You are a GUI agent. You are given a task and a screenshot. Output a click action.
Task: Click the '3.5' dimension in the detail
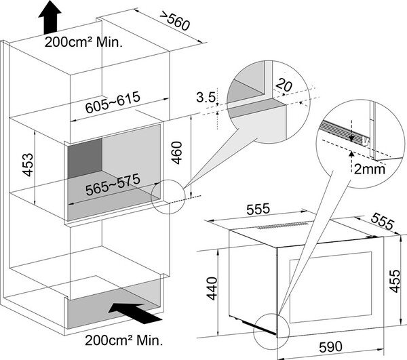pyautogui.click(x=207, y=98)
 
